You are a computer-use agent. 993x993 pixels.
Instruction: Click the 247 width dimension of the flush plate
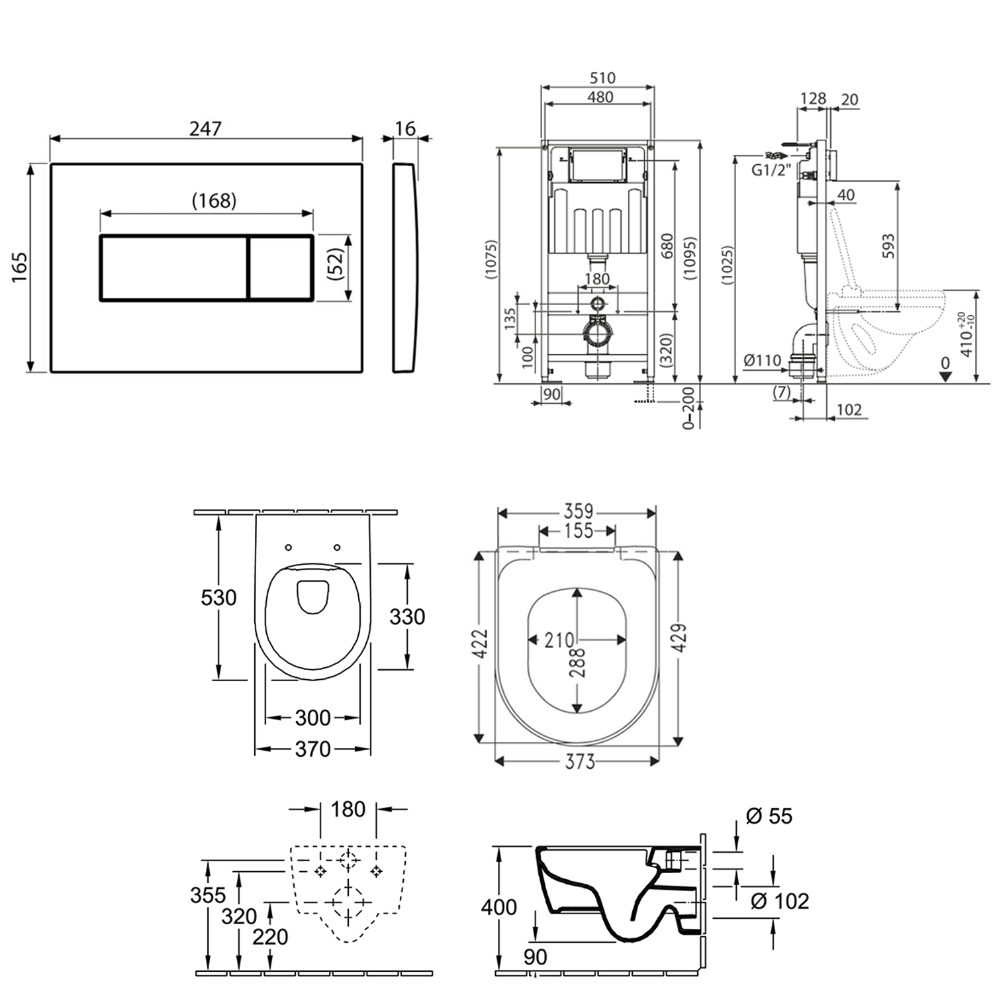(205, 128)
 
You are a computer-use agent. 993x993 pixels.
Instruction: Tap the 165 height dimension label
(19, 267)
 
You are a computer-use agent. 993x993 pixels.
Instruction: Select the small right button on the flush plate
(281, 267)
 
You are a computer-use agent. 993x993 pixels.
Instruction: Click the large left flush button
(173, 267)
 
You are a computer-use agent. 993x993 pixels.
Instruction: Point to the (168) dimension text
(214, 200)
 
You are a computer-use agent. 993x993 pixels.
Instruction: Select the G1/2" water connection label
(771, 170)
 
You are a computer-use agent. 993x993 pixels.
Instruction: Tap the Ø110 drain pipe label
(762, 360)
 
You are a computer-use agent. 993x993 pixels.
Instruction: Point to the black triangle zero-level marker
(945, 376)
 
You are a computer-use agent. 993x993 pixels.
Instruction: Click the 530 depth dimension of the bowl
(218, 598)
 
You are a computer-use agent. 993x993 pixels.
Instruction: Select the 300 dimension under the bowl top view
(312, 718)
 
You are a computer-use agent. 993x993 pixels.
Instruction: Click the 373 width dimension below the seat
(579, 762)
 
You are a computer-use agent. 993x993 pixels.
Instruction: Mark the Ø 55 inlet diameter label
(769, 816)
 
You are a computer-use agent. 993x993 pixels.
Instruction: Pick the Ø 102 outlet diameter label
(780, 901)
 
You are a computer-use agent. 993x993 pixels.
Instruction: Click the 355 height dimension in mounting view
(208, 895)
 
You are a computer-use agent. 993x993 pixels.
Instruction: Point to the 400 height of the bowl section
(498, 907)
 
